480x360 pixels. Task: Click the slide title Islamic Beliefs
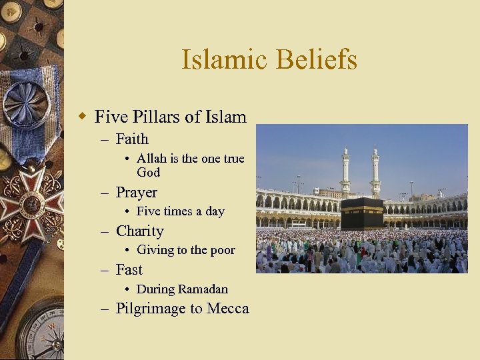tap(269, 60)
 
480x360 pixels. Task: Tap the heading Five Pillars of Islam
tap(171, 117)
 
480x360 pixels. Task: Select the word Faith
tap(132, 139)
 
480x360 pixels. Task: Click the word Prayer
tap(137, 193)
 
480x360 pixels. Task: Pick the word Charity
tap(140, 231)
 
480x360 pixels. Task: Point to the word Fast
tap(129, 270)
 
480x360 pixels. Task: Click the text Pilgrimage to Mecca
tap(182, 309)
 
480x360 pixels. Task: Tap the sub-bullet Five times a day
tap(180, 211)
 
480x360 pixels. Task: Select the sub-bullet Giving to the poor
tap(185, 250)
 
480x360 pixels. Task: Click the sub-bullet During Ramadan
tap(182, 289)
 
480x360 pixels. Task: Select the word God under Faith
tap(148, 173)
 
